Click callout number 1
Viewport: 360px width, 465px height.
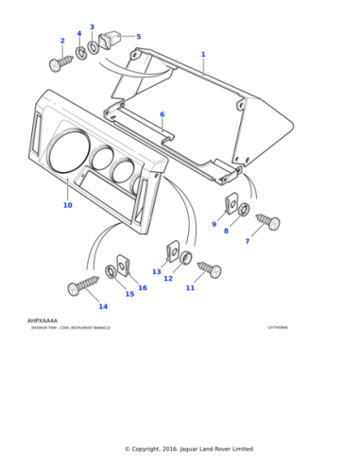(x=202, y=55)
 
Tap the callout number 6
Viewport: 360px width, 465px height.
(x=162, y=114)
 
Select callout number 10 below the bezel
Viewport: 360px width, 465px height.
(x=67, y=205)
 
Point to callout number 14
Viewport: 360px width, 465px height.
(x=103, y=306)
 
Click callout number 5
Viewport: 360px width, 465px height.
(x=138, y=37)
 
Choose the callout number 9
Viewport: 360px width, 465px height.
(x=214, y=224)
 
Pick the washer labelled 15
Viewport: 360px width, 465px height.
(x=111, y=272)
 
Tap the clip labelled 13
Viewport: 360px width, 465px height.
(x=174, y=250)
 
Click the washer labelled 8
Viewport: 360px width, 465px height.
(x=244, y=209)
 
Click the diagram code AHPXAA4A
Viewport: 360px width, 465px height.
(x=43, y=320)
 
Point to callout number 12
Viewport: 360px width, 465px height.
(x=168, y=278)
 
